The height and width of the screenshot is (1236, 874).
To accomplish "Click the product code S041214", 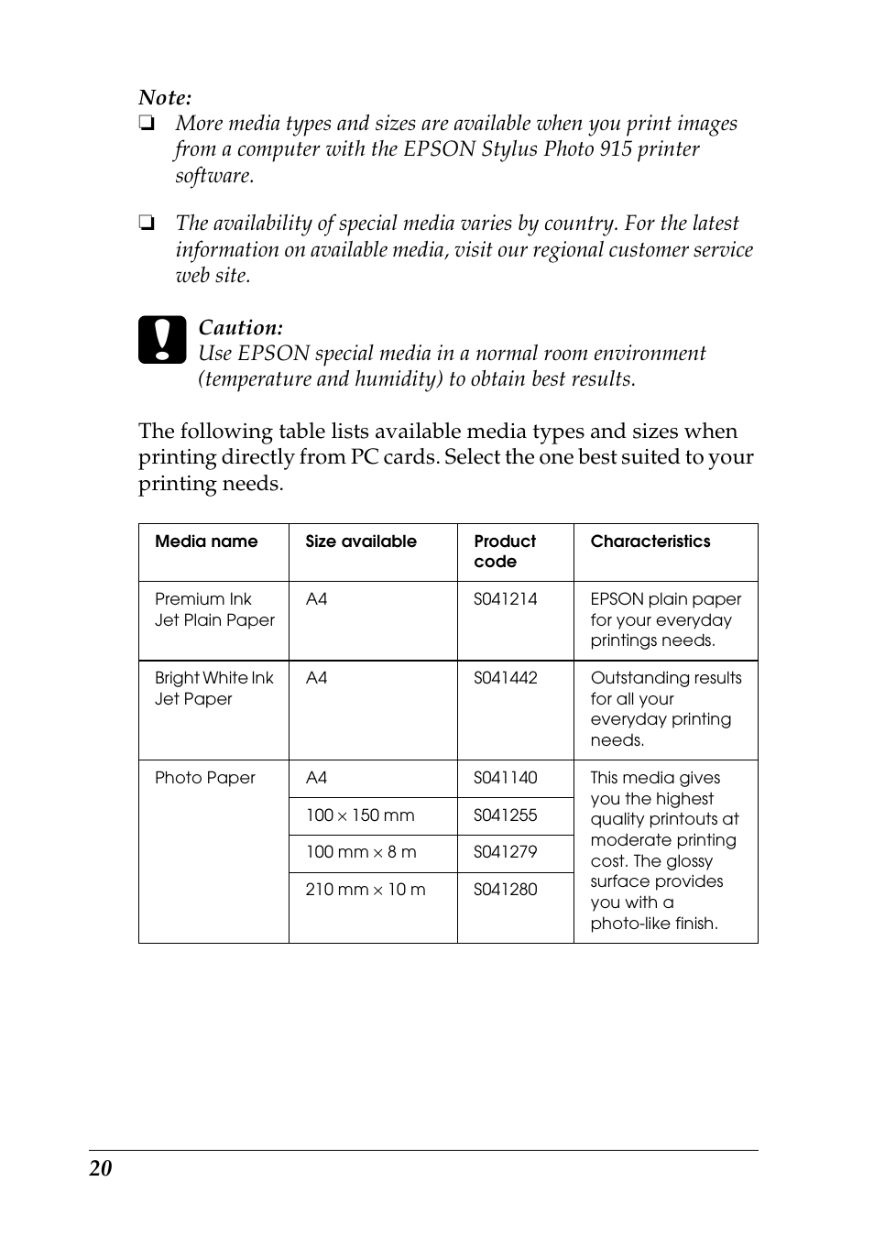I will (x=505, y=599).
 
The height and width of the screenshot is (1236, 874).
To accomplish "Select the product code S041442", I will (x=505, y=678).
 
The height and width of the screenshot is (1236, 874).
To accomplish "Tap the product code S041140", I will (x=505, y=778).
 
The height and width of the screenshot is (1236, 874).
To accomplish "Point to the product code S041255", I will (x=505, y=815).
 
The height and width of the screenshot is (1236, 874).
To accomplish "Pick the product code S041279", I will (x=505, y=852).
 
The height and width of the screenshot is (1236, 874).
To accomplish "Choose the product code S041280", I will (x=505, y=890).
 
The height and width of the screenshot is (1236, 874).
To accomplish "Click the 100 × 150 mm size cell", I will (x=359, y=815).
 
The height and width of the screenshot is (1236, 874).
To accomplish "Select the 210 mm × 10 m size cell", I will (x=365, y=890).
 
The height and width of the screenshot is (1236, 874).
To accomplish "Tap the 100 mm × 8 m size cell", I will (x=360, y=852).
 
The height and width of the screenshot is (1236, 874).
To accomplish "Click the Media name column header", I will (x=206, y=541).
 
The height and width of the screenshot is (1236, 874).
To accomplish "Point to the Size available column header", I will (x=360, y=541).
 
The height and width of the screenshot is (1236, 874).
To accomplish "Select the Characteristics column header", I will (x=650, y=541).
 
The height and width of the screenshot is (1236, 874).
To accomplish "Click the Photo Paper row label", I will (x=204, y=778).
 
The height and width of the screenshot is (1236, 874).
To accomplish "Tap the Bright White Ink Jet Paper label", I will (x=213, y=688).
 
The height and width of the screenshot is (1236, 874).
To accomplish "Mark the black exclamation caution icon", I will (x=162, y=340).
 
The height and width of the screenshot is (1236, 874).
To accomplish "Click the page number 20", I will (x=101, y=1168).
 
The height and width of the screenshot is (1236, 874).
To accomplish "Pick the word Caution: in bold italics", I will (x=240, y=328).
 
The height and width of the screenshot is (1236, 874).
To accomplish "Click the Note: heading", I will (x=165, y=98).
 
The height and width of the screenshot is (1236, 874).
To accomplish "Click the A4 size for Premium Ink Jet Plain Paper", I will (x=316, y=599).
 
